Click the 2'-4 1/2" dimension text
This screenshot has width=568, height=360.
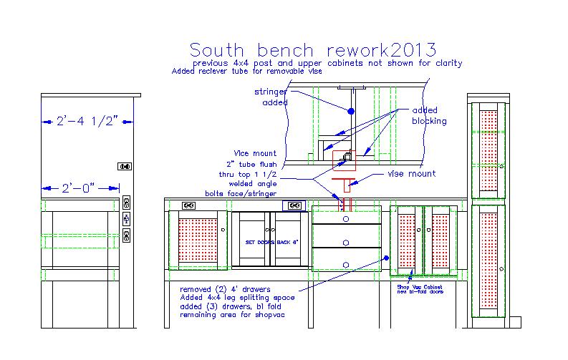[87, 122]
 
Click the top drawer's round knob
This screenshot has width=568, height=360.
[346, 218]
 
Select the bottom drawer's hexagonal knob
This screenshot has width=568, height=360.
[346, 264]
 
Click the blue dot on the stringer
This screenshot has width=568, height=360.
[350, 112]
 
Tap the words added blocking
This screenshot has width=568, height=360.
[429, 116]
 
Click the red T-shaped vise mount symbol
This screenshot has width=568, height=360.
[347, 183]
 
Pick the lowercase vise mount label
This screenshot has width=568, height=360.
[412, 173]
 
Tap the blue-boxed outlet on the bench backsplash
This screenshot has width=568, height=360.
[294, 205]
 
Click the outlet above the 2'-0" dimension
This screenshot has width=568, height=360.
[124, 166]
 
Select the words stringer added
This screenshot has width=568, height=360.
[271, 97]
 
